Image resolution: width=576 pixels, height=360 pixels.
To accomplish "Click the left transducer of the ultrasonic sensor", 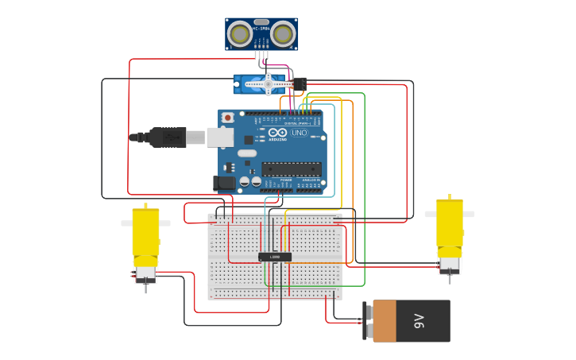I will click(x=239, y=33).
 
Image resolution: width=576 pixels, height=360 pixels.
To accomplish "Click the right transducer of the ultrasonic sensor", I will click(x=283, y=33).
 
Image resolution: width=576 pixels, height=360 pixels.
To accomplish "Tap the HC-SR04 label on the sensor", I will click(x=261, y=28).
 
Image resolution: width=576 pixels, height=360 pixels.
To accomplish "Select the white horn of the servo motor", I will click(x=268, y=83).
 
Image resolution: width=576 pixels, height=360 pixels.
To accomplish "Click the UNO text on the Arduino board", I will click(x=300, y=133).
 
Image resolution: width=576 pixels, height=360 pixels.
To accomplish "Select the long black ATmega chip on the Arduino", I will click(x=292, y=168).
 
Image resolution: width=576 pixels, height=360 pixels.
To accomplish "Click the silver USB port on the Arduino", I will click(x=220, y=137).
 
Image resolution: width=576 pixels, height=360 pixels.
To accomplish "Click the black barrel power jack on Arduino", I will click(x=225, y=183).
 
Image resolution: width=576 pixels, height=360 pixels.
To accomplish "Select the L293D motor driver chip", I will click(x=275, y=257).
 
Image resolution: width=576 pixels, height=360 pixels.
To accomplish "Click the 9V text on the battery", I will click(x=419, y=321).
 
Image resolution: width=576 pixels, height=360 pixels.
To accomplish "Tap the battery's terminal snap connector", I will click(x=368, y=321).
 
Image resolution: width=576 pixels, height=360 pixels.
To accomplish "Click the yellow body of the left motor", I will click(x=145, y=232).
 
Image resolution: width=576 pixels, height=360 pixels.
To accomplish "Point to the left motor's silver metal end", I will click(x=145, y=274).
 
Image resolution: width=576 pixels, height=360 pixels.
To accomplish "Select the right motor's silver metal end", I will click(x=450, y=265).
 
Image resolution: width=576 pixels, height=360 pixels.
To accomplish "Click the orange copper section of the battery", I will click(x=385, y=321).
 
